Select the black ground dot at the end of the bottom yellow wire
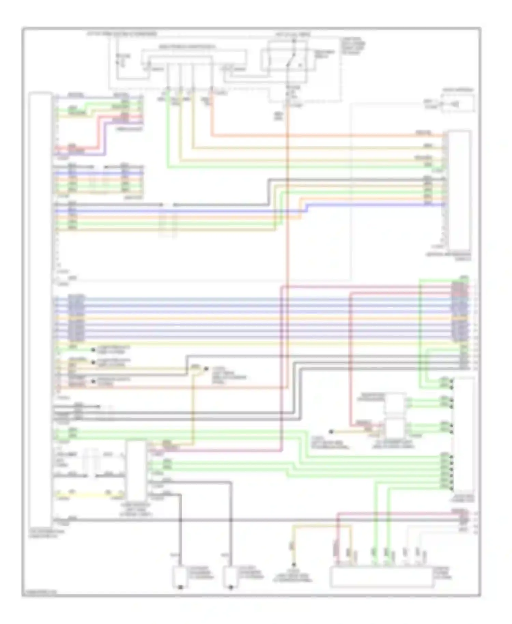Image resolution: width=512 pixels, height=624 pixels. point(293,565)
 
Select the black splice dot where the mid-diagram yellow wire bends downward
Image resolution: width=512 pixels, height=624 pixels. point(206,369)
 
